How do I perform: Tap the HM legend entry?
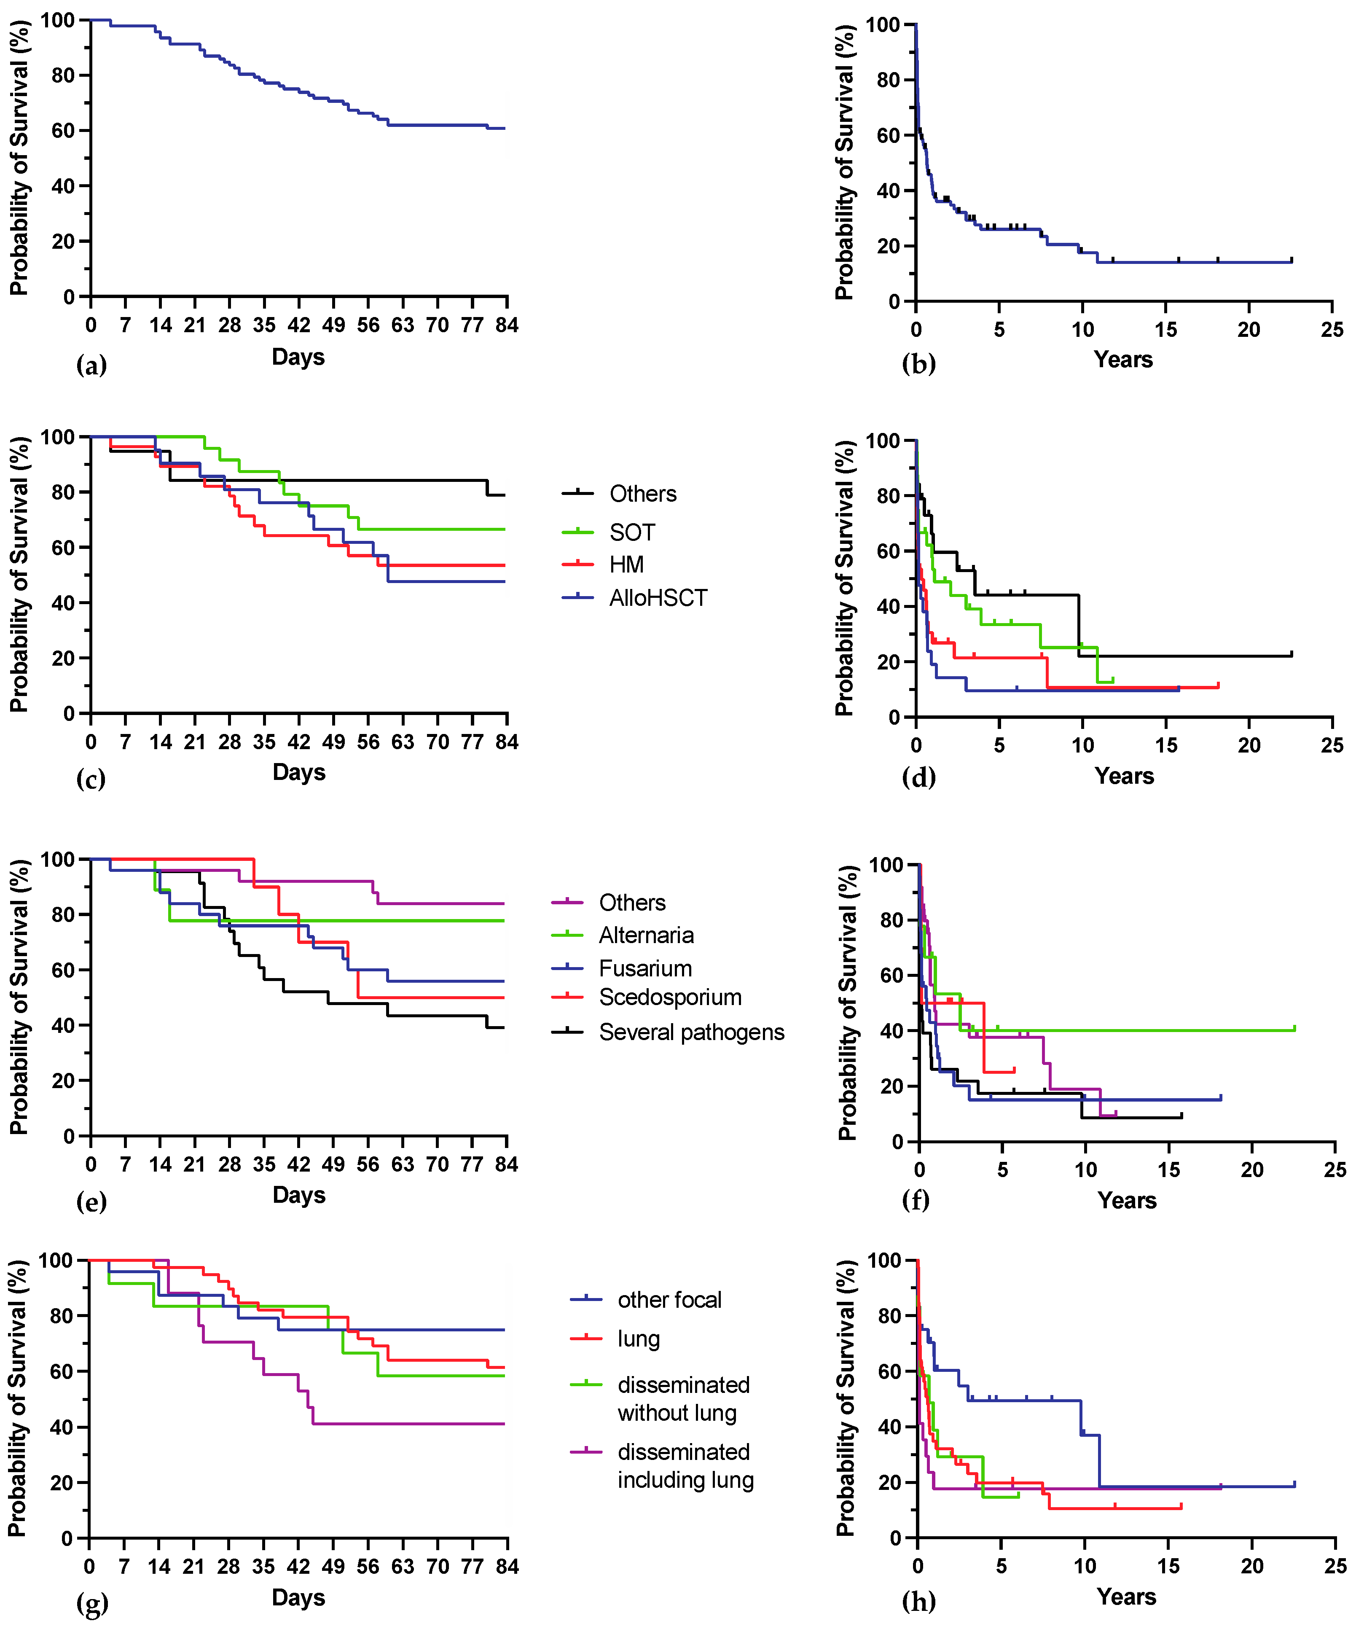point(626,565)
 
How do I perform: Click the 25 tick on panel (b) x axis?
point(1331,330)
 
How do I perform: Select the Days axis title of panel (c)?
point(299,773)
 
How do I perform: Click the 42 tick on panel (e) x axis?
point(299,1164)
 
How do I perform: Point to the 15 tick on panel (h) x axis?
point(1168,1565)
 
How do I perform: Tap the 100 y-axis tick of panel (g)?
point(56,1260)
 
